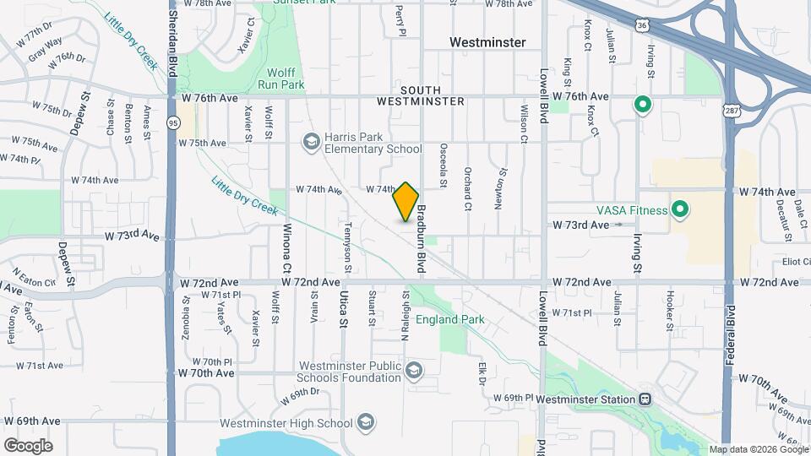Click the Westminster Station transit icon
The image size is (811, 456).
tap(645, 399)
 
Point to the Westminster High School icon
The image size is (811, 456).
tap(366, 422)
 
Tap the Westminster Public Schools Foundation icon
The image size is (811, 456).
tap(414, 371)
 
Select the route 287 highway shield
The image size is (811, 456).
tap(731, 110)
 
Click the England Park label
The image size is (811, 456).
tap(449, 320)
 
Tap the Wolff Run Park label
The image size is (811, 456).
tap(280, 79)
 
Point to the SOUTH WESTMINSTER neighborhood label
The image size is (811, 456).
tap(433, 95)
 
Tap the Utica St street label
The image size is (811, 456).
tap(343, 308)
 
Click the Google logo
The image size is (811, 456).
tap(28, 445)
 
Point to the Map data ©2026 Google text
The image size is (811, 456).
tap(758, 449)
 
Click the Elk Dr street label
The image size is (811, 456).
tap(482, 372)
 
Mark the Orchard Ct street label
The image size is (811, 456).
tap(466, 188)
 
